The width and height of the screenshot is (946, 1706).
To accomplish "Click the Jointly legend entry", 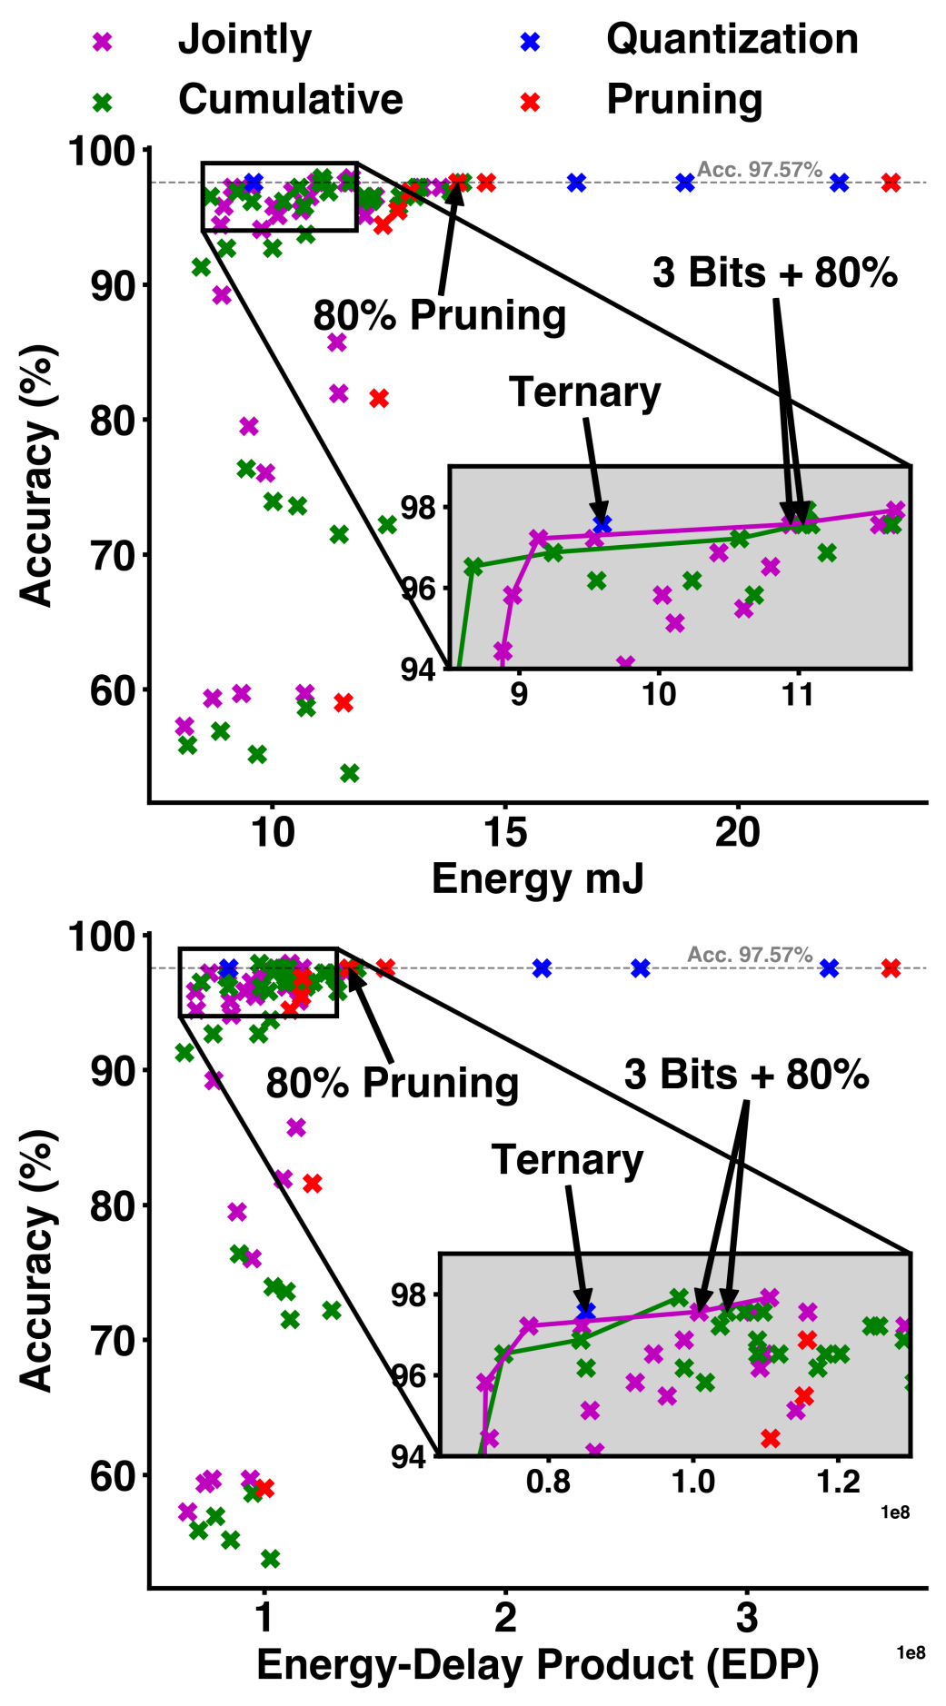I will point(244,40).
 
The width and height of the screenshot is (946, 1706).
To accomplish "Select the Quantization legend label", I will point(732,40).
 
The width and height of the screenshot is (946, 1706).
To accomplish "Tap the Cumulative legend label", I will point(290,99).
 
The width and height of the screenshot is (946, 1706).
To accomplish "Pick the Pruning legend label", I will point(683,99).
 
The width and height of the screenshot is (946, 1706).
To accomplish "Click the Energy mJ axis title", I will point(537,878).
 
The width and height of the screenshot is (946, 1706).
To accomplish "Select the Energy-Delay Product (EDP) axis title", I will point(537,1665).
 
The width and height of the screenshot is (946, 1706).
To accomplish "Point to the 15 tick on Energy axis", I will point(505,832).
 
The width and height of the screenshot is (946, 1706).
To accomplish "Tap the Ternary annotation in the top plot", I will point(584,392).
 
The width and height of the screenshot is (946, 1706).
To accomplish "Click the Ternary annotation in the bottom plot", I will point(567,1160).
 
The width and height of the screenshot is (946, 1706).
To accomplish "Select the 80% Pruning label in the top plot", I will point(440,315).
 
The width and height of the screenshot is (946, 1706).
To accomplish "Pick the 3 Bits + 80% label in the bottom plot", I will point(746,1075).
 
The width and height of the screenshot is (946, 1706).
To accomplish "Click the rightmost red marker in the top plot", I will point(891,183).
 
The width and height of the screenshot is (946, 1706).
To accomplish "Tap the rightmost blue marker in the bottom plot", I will point(829,968).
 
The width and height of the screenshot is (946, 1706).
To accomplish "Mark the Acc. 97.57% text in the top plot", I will point(759,170).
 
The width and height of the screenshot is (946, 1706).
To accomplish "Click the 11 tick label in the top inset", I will point(798,695).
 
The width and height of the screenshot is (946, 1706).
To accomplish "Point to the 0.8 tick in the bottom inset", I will point(549,1482).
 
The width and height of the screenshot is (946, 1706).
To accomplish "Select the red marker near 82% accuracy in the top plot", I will point(379,398).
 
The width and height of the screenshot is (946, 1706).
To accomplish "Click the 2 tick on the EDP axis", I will point(505,1619).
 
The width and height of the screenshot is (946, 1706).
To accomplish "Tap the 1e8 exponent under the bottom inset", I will point(894,1512).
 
